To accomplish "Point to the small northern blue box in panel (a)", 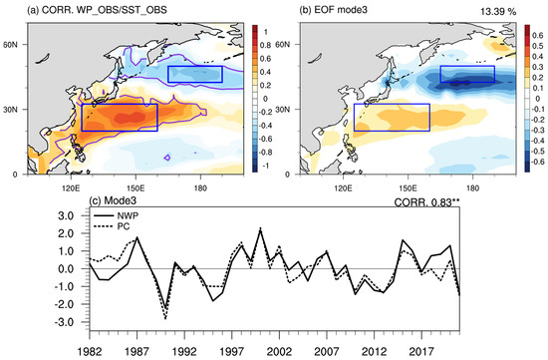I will [x=194, y=73].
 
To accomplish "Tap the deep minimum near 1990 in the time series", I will [x=162, y=315].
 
